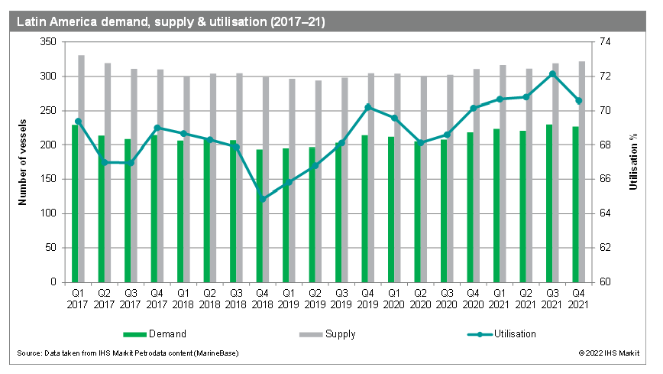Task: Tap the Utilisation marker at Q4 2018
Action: [x=263, y=199]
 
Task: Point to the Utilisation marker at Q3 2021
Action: [x=552, y=73]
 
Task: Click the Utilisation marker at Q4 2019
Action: [x=368, y=107]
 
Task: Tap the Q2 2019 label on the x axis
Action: [x=315, y=298]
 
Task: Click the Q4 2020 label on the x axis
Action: [x=474, y=298]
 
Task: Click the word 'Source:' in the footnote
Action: [x=27, y=353]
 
